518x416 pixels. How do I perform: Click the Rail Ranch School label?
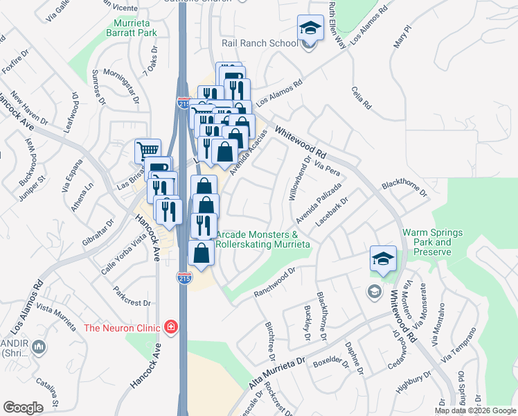tap(259, 43)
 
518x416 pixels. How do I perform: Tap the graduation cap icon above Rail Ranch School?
tap(310, 28)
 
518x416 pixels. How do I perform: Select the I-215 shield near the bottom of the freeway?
tap(184, 279)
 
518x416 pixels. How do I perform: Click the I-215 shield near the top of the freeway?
tap(184, 103)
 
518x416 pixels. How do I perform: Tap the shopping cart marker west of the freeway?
tap(148, 150)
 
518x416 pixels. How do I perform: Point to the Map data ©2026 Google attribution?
tap(476, 410)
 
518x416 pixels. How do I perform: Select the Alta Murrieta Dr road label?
tap(276, 374)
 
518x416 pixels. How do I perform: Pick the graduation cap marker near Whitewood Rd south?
tap(383, 259)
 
